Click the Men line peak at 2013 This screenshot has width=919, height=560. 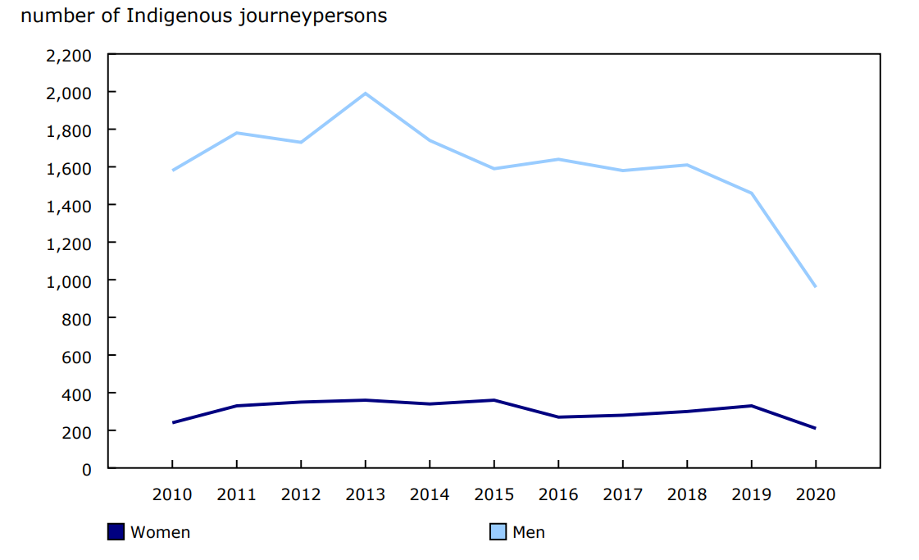[x=365, y=93]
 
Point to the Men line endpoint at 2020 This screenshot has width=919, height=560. [x=815, y=286]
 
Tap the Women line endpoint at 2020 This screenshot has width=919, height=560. [x=815, y=428]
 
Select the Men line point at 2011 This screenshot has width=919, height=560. [x=236, y=133]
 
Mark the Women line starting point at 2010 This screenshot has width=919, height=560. [x=172, y=422]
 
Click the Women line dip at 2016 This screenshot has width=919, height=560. [x=558, y=417]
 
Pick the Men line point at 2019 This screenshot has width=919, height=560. [x=751, y=193]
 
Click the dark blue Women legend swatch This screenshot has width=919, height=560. [x=116, y=532]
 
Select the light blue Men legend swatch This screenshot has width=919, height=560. [x=498, y=532]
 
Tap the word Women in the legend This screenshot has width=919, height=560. [x=161, y=532]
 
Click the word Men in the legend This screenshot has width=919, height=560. [x=529, y=532]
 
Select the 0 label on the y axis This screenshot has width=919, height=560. [x=87, y=469]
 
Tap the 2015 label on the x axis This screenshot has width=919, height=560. [x=494, y=494]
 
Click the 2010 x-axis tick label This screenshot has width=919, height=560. [x=172, y=494]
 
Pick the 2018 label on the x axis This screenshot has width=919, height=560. [x=687, y=494]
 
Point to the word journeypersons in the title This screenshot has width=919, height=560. [x=313, y=16]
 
